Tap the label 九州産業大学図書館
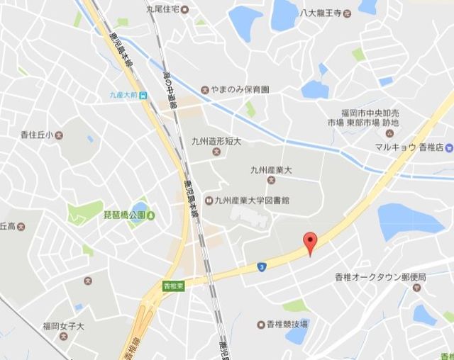pos(253,201)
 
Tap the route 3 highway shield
pos(262,266)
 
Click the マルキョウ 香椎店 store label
pos(409,147)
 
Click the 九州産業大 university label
pos(271,169)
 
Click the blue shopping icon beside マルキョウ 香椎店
pos(449,147)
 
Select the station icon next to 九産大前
pos(143,95)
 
